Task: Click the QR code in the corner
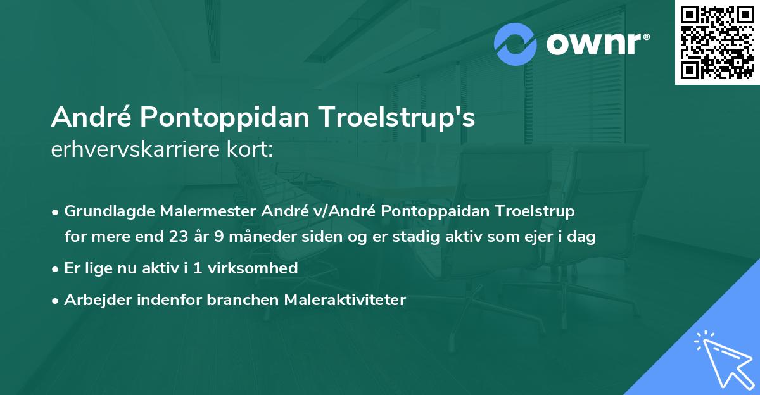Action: pos(717,42)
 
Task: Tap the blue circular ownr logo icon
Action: pos(516,44)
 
